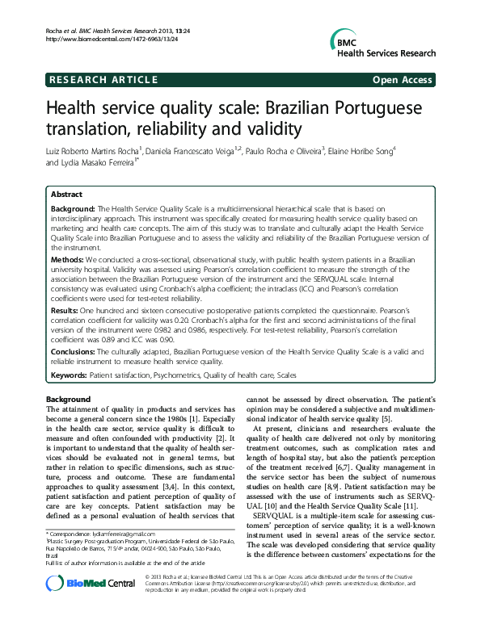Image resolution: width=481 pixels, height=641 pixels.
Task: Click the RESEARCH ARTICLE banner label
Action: click(103, 79)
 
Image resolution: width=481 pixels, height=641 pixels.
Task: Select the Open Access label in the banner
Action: click(403, 79)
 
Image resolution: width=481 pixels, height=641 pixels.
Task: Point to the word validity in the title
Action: click(251, 129)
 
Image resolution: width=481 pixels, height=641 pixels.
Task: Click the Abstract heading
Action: click(66, 195)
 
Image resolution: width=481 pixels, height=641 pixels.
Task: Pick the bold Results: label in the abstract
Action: click(66, 309)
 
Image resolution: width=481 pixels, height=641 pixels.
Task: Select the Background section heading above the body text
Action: click(69, 400)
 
